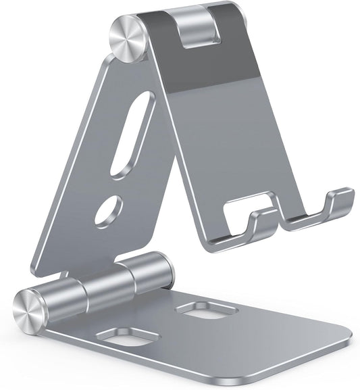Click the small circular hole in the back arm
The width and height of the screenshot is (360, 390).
pyautogui.click(x=109, y=210)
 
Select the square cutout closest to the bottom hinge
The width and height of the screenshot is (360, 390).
pyautogui.click(x=206, y=310)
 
